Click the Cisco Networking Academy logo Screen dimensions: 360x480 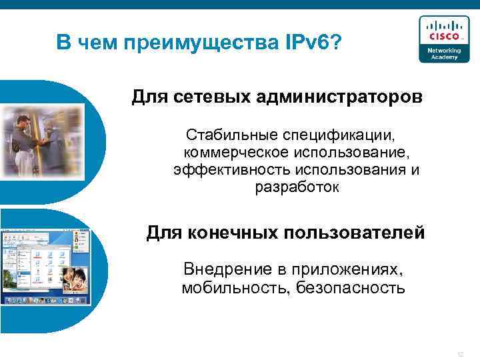point(439,39)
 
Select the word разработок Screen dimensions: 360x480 point(297,187)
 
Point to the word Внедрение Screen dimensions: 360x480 point(226,270)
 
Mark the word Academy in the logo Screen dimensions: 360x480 point(439,56)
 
